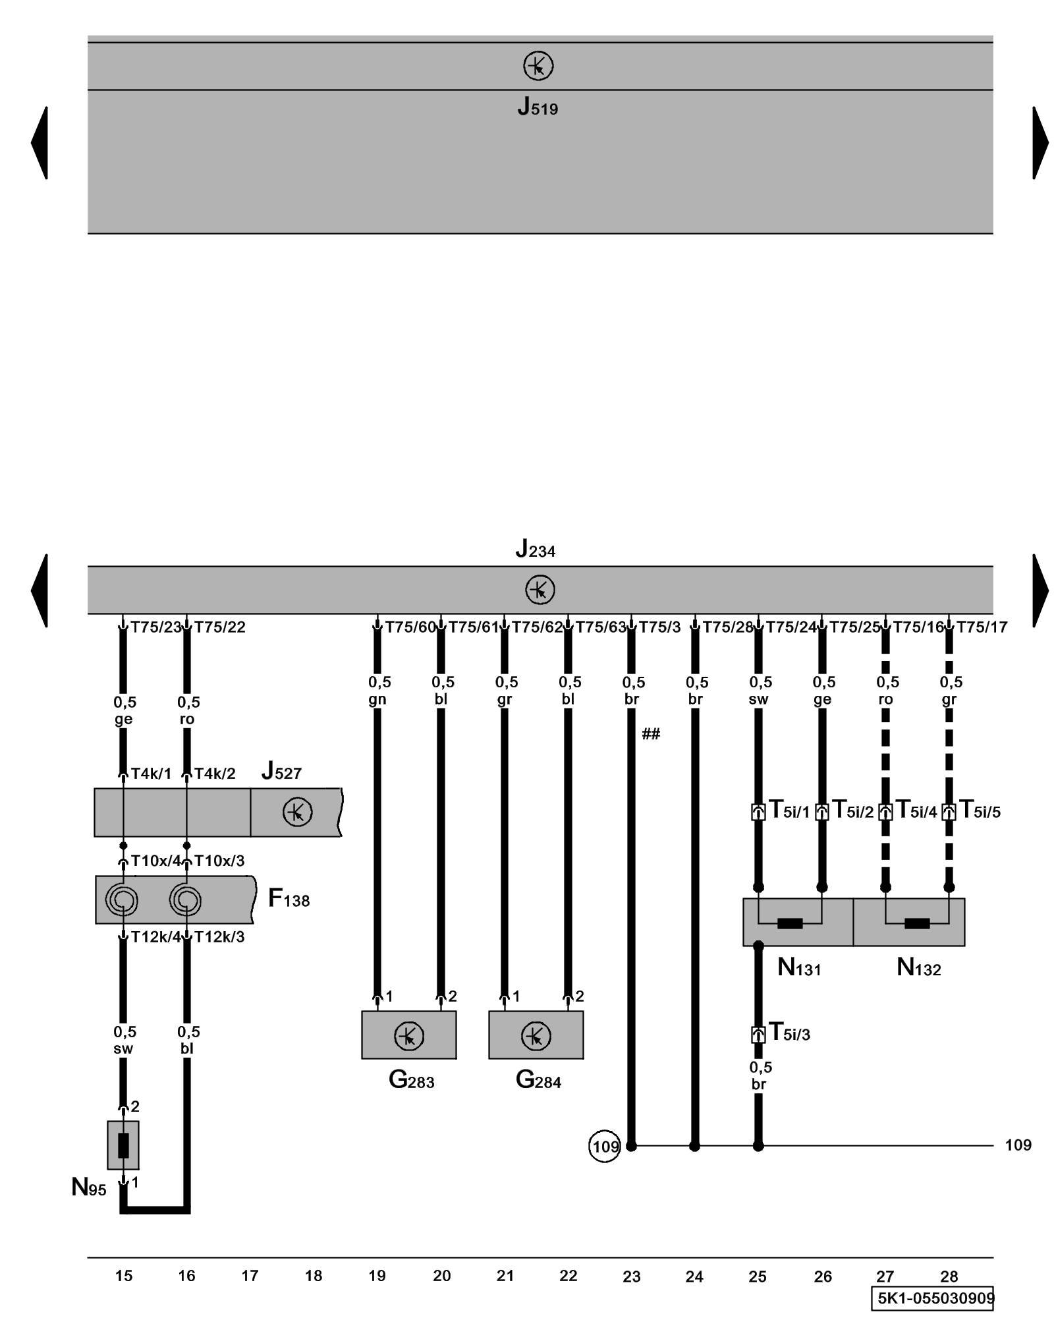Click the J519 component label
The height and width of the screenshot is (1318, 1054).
pos(537,107)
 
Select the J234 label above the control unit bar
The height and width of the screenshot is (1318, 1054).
pos(535,549)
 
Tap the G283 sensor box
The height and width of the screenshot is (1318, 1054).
pos(408,1036)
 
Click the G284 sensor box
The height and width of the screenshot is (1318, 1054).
pos(536,1036)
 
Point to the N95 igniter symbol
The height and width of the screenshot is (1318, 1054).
pos(123,1145)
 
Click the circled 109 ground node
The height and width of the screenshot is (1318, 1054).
pos(604,1147)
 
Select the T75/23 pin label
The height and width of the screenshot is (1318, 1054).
pos(155,627)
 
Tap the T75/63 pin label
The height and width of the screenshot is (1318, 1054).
pos(600,627)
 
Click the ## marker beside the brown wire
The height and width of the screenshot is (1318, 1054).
pos(651,734)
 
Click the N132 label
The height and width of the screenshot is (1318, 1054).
pos(918,968)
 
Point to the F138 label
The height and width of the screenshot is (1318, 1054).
pos(289,899)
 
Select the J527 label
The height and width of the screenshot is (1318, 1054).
pos(281,771)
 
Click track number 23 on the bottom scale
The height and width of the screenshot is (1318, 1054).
pos(631,1277)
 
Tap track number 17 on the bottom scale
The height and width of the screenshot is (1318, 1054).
pos(250,1276)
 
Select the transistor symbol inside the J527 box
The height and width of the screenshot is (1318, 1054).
pos(297,813)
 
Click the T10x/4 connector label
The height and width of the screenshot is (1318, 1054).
pos(155,861)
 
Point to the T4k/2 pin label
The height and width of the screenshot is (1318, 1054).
pos(215,774)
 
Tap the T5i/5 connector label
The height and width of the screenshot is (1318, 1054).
pos(980,811)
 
